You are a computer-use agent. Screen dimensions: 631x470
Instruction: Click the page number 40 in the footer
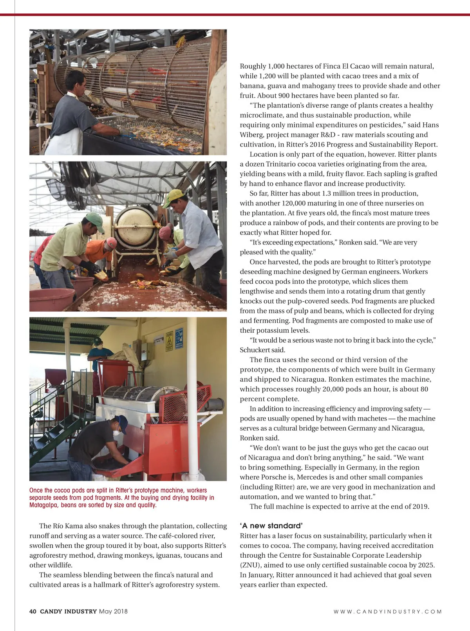pos(33,611)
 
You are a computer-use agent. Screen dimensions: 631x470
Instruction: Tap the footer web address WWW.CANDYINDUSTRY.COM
pos(387,611)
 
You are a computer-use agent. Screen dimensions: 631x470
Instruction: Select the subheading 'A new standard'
pos(271,526)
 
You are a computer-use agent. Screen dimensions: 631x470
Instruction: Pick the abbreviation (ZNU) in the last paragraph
pos(250,565)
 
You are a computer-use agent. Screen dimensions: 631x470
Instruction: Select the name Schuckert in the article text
pos(255,350)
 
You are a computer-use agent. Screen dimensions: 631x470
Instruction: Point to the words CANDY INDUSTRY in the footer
pos(68,611)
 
